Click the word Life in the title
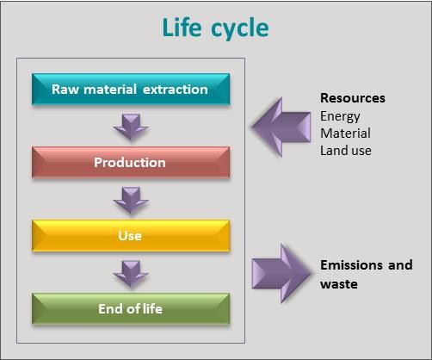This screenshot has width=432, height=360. pos(182,28)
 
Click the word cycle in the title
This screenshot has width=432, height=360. pos(240,29)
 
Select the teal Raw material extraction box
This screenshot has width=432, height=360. pos(131,89)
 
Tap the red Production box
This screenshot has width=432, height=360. pos(131,163)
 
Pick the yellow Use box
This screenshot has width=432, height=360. pos(131,236)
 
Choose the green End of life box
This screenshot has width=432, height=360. pos(131,309)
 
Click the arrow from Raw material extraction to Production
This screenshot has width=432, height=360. pos(131,127)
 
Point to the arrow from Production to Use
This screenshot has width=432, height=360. pos(131,200)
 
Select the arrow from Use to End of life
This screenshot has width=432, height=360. pos(131,273)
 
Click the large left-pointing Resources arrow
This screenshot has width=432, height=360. pos(281,127)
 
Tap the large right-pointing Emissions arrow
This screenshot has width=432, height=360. pos(281,274)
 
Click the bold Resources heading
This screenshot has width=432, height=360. pos(353,98)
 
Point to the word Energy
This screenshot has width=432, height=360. pos(340,117)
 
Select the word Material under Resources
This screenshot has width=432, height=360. pos(345,133)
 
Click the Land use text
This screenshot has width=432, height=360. pos(346,151)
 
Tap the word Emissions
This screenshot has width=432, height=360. pos(351,264)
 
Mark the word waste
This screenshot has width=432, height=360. pos(339,284)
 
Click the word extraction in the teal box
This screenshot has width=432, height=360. pos(176,90)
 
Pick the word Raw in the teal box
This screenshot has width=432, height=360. pos(65,90)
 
